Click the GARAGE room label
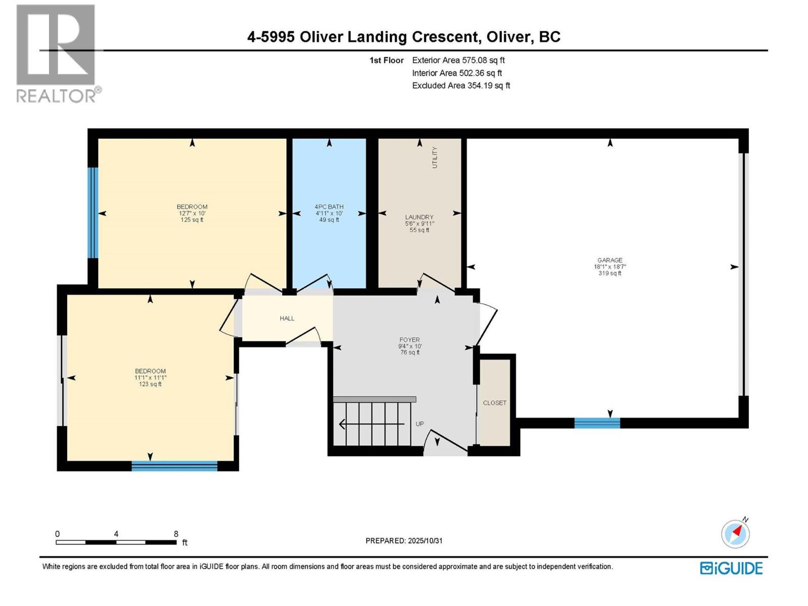(610, 261)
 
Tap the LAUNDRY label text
(419, 217)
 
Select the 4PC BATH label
(329, 207)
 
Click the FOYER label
(410, 340)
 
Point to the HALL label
(287, 318)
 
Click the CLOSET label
(494, 403)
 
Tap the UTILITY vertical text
(435, 158)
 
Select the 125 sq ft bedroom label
(192, 220)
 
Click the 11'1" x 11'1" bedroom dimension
(150, 378)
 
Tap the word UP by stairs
(420, 424)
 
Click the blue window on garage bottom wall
(597, 423)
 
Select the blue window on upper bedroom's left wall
(92, 213)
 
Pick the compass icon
(735, 534)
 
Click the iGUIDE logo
(731, 568)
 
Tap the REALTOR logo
(57, 53)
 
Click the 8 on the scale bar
(176, 534)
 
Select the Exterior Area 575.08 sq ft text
(458, 60)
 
